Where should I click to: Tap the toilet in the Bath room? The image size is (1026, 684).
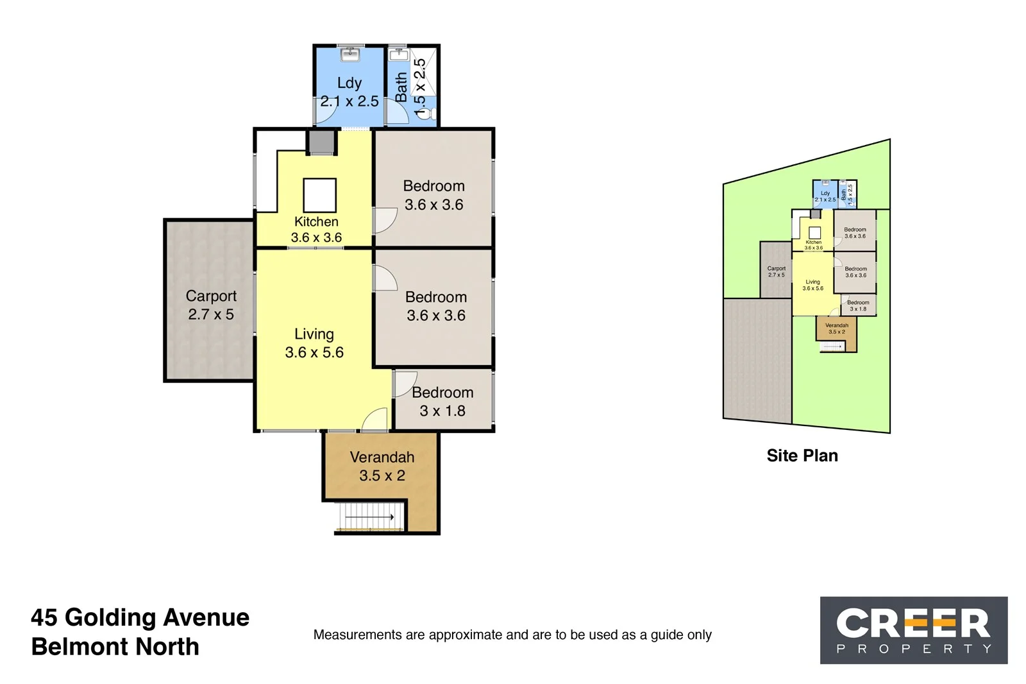(x=428, y=114)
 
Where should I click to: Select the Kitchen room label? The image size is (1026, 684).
(x=316, y=222)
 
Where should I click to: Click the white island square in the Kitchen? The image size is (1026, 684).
(x=319, y=195)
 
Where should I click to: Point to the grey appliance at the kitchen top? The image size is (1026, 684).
(x=321, y=142)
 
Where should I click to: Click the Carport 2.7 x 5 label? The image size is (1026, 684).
(x=211, y=305)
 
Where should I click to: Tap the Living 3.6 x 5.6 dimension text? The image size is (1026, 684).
(x=314, y=352)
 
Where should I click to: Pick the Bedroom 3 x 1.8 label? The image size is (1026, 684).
(x=442, y=401)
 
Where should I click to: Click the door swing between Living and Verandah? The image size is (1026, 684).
(x=376, y=420)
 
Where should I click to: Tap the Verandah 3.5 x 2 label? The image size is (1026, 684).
(x=382, y=466)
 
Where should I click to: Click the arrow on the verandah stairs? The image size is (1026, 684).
(x=372, y=517)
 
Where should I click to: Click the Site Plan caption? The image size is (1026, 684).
(x=802, y=456)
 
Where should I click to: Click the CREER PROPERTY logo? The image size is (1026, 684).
(x=914, y=630)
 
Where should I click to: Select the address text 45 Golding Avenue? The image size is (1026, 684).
(x=140, y=617)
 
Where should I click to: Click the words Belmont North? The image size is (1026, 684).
(x=115, y=647)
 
